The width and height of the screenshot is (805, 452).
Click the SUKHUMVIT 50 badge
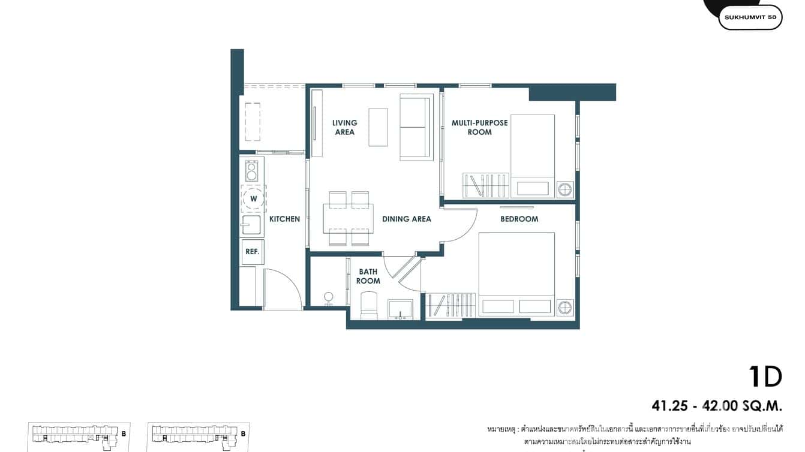click(x=750, y=17)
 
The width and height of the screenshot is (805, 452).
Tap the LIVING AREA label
click(x=344, y=127)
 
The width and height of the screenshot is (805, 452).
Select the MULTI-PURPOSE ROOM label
click(x=479, y=127)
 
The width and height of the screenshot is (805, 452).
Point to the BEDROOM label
click(x=519, y=219)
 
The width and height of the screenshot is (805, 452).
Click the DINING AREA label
click(x=406, y=219)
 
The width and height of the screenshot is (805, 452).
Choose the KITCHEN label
click(x=284, y=219)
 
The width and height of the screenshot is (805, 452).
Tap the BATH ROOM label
click(x=368, y=276)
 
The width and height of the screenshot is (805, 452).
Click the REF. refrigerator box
click(x=253, y=252)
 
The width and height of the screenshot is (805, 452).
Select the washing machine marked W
click(x=253, y=198)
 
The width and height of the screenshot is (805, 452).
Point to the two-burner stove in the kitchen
click(x=251, y=170)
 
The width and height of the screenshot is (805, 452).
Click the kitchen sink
click(x=251, y=226)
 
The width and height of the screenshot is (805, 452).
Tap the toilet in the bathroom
click(x=368, y=305)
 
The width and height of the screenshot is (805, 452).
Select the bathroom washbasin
click(x=400, y=309)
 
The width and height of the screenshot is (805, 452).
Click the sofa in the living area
click(x=416, y=128)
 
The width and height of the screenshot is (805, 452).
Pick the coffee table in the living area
click(x=378, y=126)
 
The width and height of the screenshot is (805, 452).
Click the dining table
click(x=348, y=218)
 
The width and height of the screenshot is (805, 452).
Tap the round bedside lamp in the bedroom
click(x=564, y=307)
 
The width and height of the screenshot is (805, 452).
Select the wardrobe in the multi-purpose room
click(x=485, y=185)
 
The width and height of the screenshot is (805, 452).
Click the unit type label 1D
click(x=765, y=377)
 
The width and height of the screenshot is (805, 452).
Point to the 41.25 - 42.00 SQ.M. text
click(x=717, y=406)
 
